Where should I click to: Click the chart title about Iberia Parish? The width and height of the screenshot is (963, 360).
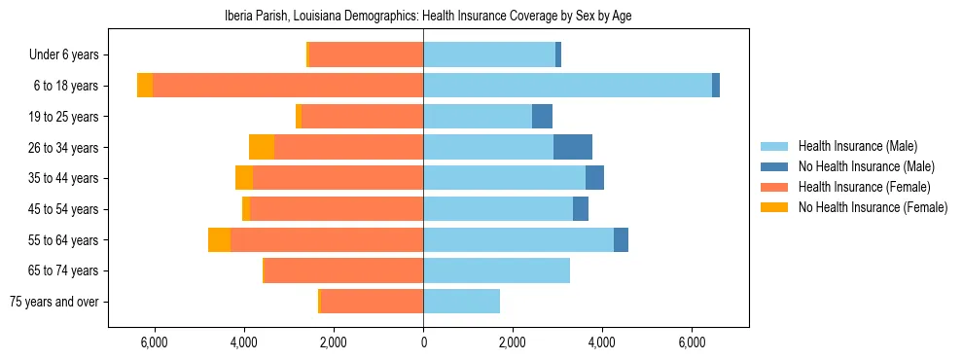[423, 16]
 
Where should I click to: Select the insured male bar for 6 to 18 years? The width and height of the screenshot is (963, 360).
[567, 86]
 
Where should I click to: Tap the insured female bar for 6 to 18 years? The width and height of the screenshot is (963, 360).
[288, 86]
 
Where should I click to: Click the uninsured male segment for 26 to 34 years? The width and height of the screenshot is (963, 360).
[573, 147]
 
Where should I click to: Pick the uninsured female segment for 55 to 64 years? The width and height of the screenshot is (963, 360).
[219, 239]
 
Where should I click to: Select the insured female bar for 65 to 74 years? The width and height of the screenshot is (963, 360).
[343, 270]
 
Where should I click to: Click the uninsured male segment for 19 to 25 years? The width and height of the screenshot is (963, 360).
[542, 117]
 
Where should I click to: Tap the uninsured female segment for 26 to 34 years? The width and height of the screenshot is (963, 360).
[262, 147]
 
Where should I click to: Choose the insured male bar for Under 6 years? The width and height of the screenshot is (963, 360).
[489, 54]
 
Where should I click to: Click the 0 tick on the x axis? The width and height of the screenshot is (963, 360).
[423, 342]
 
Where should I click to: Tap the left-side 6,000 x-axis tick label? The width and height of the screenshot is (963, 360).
[155, 342]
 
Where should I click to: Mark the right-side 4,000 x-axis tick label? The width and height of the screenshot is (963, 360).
[602, 342]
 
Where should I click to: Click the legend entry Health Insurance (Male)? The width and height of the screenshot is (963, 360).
[857, 146]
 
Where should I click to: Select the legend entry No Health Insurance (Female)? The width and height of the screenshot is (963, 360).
[872, 207]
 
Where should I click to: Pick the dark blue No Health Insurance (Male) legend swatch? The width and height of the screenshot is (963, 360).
[774, 166]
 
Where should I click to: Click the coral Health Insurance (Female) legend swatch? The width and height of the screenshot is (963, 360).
[774, 187]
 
